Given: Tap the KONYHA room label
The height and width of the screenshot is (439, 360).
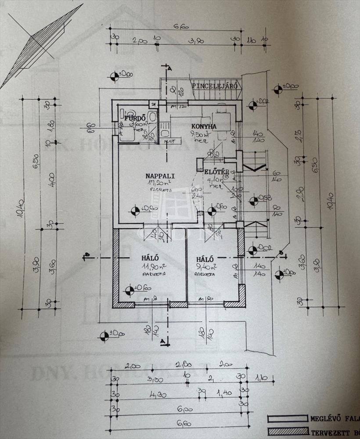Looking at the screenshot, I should pos(204,127).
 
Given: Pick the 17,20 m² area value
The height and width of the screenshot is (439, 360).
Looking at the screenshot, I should pos(158,184).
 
